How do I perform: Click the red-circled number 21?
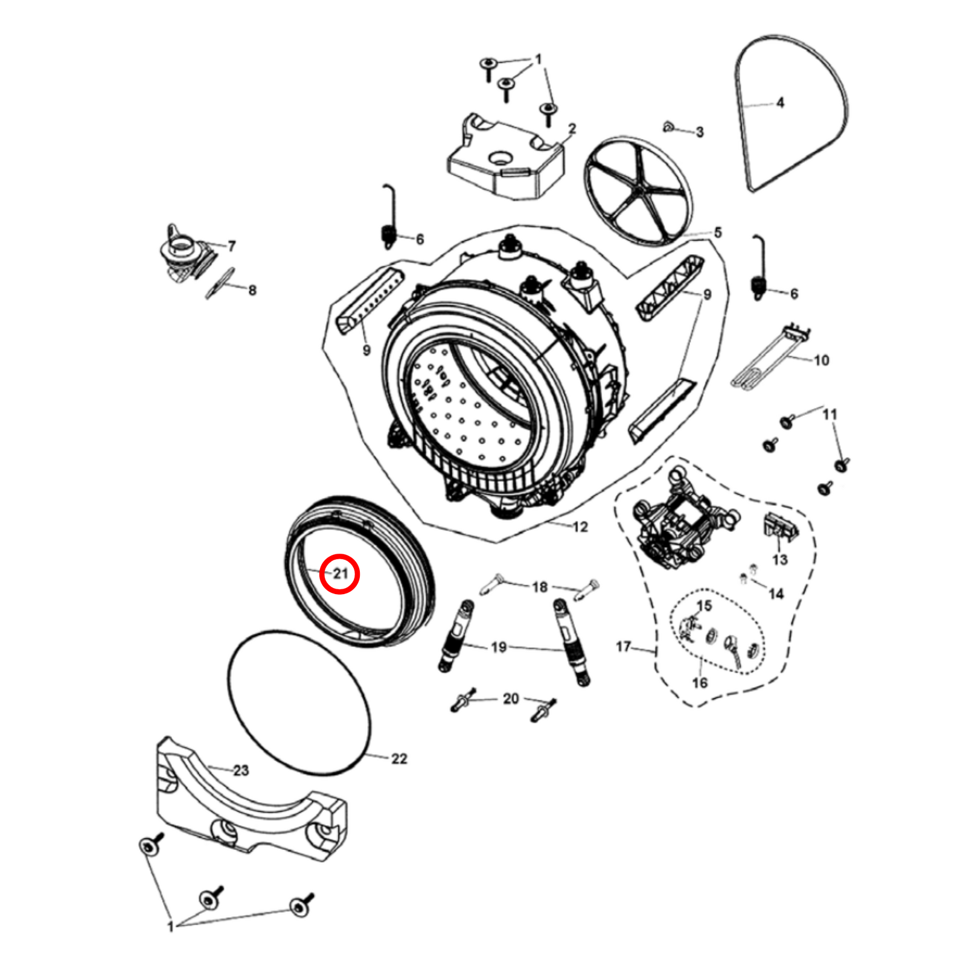pyautogui.click(x=341, y=573)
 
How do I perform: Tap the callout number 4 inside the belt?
pyautogui.click(x=780, y=103)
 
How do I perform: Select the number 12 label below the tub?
pyautogui.click(x=580, y=527)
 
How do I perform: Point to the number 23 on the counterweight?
pyautogui.click(x=241, y=770)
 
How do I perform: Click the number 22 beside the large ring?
pyautogui.click(x=399, y=759)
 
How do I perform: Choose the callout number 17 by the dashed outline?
pyautogui.click(x=623, y=647)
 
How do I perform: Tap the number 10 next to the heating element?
pyautogui.click(x=822, y=360)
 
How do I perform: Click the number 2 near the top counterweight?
pyautogui.click(x=572, y=129)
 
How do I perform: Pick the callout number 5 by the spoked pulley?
pyautogui.click(x=718, y=232)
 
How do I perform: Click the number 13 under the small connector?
pyautogui.click(x=780, y=560)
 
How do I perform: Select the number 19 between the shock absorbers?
pyautogui.click(x=499, y=648)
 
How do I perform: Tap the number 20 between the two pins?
pyautogui.click(x=511, y=699)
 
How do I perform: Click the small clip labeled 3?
pyautogui.click(x=668, y=126)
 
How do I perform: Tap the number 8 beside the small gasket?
pyautogui.click(x=252, y=290)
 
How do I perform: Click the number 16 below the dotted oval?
pyautogui.click(x=700, y=683)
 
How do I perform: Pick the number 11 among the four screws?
pyautogui.click(x=830, y=414)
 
